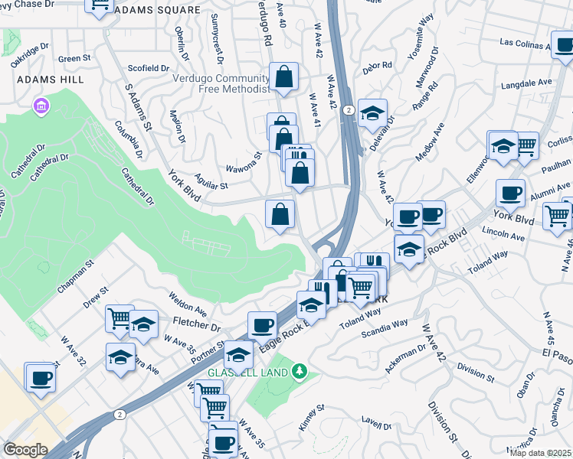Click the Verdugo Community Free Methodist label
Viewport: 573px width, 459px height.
point(222,83)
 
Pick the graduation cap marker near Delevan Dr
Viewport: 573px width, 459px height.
point(372,114)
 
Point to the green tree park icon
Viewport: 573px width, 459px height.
point(300,372)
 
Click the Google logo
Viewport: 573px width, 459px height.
point(25,450)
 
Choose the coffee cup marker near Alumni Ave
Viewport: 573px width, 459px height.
point(510,193)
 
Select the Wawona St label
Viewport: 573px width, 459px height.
point(244,161)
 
